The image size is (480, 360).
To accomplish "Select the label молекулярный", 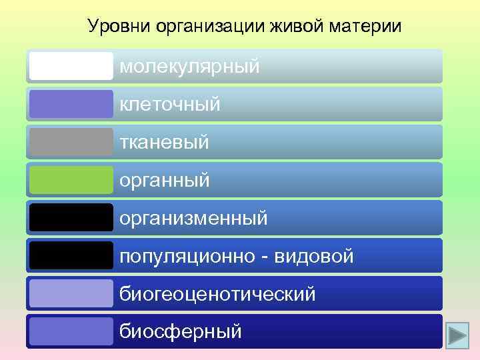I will pyautogui.click(x=190, y=67).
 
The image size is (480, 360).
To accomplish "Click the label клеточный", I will pyautogui.click(x=170, y=105).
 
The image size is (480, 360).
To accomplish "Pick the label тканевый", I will pyautogui.click(x=165, y=142).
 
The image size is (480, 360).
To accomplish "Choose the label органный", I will pyautogui.click(x=165, y=180).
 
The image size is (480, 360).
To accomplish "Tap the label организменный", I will pyautogui.click(x=194, y=218).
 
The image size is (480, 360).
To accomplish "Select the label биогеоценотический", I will pyautogui.click(x=217, y=293).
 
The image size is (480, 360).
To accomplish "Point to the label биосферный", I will pyautogui.click(x=181, y=331).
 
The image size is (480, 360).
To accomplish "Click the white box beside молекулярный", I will pyautogui.click(x=71, y=66).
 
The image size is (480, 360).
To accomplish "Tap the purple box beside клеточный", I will pyautogui.click(x=71, y=104).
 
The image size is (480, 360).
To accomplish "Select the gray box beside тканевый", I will pyautogui.click(x=71, y=142).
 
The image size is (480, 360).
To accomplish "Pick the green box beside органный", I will pyautogui.click(x=71, y=180).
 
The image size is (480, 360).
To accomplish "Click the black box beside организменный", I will pyautogui.click(x=71, y=217).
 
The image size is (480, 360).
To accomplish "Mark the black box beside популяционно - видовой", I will pyautogui.click(x=71, y=255).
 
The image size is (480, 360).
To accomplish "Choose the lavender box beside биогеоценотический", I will pyautogui.click(x=71, y=293).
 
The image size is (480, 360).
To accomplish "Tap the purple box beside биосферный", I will pyautogui.click(x=71, y=331).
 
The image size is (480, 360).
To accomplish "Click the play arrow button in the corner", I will pyautogui.click(x=458, y=333).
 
